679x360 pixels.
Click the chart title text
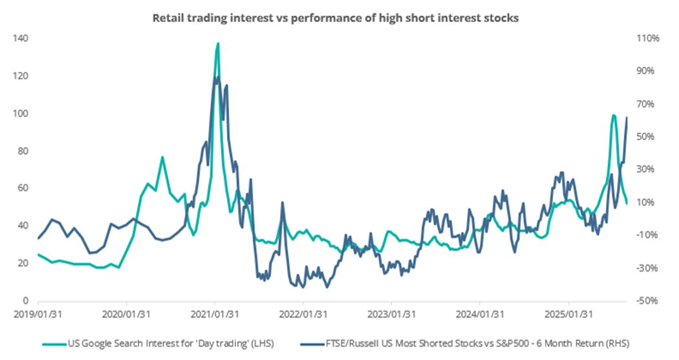coord(335,18)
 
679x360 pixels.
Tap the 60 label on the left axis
coord(22,189)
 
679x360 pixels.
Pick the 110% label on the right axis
coord(648,39)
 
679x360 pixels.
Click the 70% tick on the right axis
coord(647,104)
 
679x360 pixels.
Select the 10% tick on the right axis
coord(647,202)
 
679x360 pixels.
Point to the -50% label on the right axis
coord(647,301)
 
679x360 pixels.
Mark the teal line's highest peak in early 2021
coord(218,43)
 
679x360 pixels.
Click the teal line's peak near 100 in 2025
coord(612,115)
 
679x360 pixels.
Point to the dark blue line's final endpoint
coord(627,118)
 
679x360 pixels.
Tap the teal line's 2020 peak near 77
coord(162,157)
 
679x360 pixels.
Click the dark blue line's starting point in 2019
coord(38,239)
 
